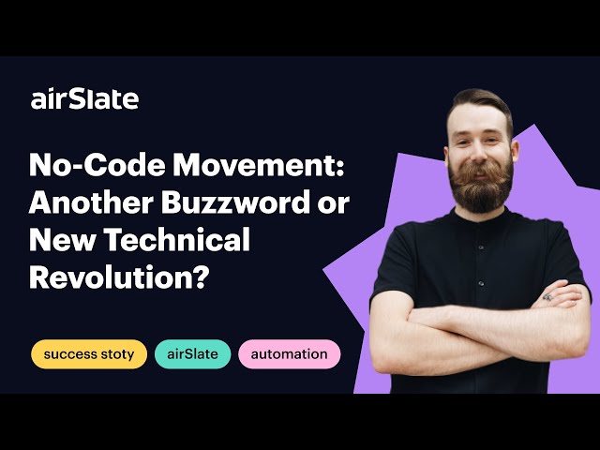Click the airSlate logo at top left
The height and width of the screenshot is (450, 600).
(x=84, y=98)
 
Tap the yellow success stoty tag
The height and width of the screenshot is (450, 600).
(x=89, y=354)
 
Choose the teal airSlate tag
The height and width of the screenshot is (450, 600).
(x=192, y=354)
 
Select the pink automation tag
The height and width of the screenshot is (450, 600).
(x=289, y=354)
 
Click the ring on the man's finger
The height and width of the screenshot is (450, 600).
(x=548, y=297)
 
